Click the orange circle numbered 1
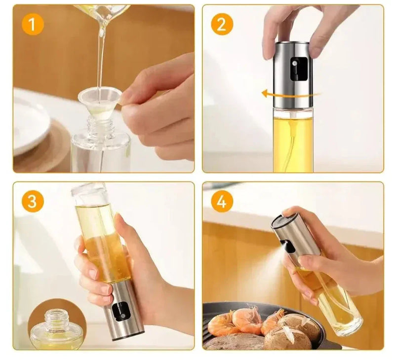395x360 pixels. tap(33, 25)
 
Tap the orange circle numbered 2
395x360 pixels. tap(222, 25)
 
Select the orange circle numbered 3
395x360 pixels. tap(33, 202)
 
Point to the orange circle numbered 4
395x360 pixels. tap(222, 202)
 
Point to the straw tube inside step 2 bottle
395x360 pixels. tap(292, 143)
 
